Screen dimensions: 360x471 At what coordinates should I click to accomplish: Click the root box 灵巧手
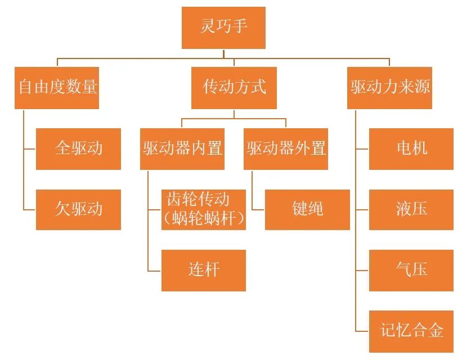[223, 28]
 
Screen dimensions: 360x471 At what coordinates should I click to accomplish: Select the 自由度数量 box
[57, 88]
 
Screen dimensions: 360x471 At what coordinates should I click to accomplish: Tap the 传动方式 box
[234, 88]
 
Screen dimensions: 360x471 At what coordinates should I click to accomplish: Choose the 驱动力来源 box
[390, 88]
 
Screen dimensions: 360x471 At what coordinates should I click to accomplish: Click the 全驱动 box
[78, 148]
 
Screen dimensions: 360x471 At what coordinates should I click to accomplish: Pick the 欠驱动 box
[78, 209]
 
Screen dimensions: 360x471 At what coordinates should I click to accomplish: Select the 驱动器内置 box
[182, 148]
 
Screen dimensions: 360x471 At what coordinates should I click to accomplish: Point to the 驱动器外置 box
[286, 148]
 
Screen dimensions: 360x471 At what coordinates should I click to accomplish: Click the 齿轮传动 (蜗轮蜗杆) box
[204, 209]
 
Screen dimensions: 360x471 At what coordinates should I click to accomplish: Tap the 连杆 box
[204, 270]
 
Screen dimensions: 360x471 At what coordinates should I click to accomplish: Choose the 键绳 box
[307, 209]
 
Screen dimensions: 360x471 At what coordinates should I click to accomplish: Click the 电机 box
[411, 148]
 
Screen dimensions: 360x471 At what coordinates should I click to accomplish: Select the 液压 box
[411, 209]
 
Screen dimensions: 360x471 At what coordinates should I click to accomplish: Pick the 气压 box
[411, 270]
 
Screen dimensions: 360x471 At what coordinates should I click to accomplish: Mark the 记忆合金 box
[411, 330]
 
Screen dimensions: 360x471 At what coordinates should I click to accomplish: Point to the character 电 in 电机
[403, 148]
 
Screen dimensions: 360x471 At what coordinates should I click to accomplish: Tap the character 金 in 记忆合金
[435, 330]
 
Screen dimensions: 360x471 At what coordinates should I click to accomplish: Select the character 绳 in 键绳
[316, 209]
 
